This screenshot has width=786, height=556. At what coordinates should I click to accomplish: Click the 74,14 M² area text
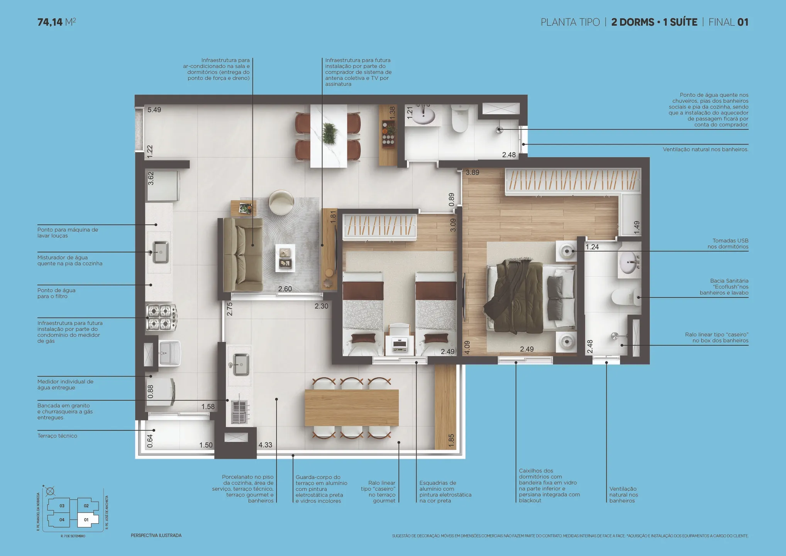pyautogui.click(x=56, y=22)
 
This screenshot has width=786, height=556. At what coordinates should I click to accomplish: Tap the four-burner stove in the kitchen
pyautogui.click(x=161, y=317)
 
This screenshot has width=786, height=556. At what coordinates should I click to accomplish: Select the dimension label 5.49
pyautogui.click(x=154, y=110)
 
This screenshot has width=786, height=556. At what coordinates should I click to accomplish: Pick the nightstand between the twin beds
pyautogui.click(x=400, y=341)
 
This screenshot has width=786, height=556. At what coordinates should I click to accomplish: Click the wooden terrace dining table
pyautogui.click(x=351, y=408)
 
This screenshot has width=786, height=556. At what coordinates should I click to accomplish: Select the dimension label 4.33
pyautogui.click(x=265, y=445)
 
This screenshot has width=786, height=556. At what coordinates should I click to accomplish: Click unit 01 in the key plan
pyautogui.click(x=86, y=520)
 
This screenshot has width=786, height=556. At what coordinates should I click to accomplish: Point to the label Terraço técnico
pyautogui.click(x=57, y=436)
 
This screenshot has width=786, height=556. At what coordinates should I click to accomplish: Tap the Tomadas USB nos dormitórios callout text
pyautogui.click(x=728, y=244)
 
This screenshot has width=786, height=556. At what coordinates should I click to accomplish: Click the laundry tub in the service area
pyautogui.click(x=169, y=353)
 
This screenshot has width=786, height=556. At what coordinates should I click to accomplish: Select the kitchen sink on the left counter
pyautogui.click(x=161, y=252)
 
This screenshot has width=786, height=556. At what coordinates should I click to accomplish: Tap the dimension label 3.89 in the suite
pyautogui.click(x=473, y=173)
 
